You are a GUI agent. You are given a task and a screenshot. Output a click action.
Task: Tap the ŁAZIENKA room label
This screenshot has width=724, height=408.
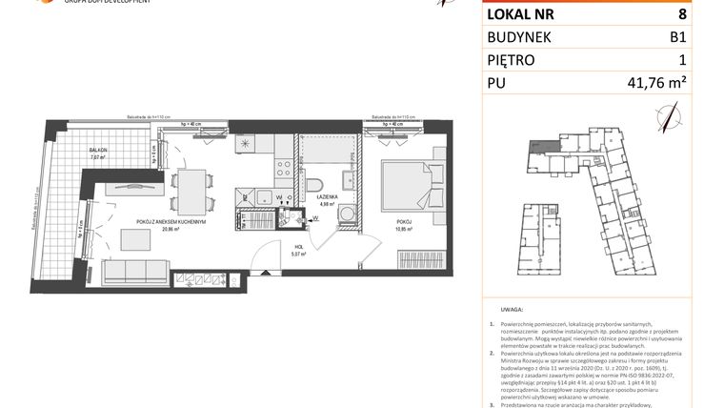click(325, 197)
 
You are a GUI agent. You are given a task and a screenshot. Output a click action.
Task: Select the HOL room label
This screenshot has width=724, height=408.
click(298, 247)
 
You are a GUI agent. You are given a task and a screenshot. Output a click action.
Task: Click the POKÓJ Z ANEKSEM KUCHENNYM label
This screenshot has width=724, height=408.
click(171, 222)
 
